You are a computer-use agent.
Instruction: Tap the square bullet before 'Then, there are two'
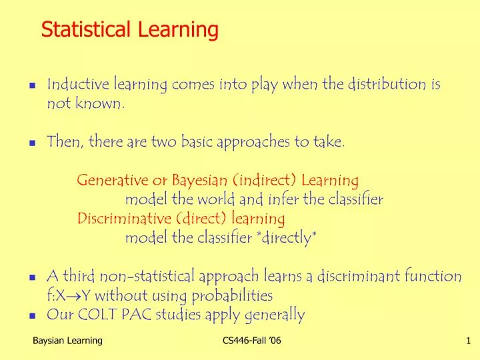pos(32,143)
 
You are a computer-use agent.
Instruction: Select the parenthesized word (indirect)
pos(265,181)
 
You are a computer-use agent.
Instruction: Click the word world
pos(213,199)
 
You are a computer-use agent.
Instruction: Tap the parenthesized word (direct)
pos(203,219)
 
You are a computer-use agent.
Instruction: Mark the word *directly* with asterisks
pos(285,238)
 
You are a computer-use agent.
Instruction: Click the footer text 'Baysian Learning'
pos(67,341)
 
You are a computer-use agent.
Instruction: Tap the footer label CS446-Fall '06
pos(251,341)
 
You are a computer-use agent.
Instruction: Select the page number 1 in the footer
pos(468,341)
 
